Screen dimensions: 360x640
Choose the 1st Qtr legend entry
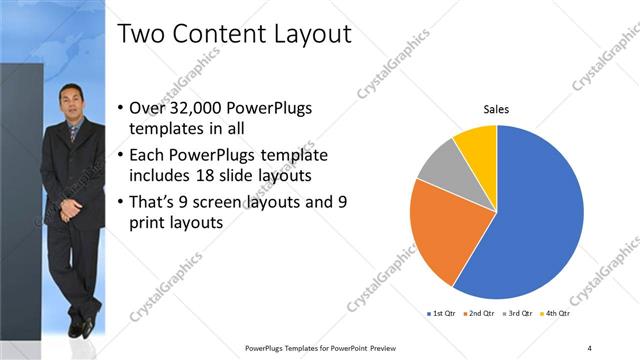point(443,313)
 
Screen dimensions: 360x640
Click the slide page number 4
point(590,347)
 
